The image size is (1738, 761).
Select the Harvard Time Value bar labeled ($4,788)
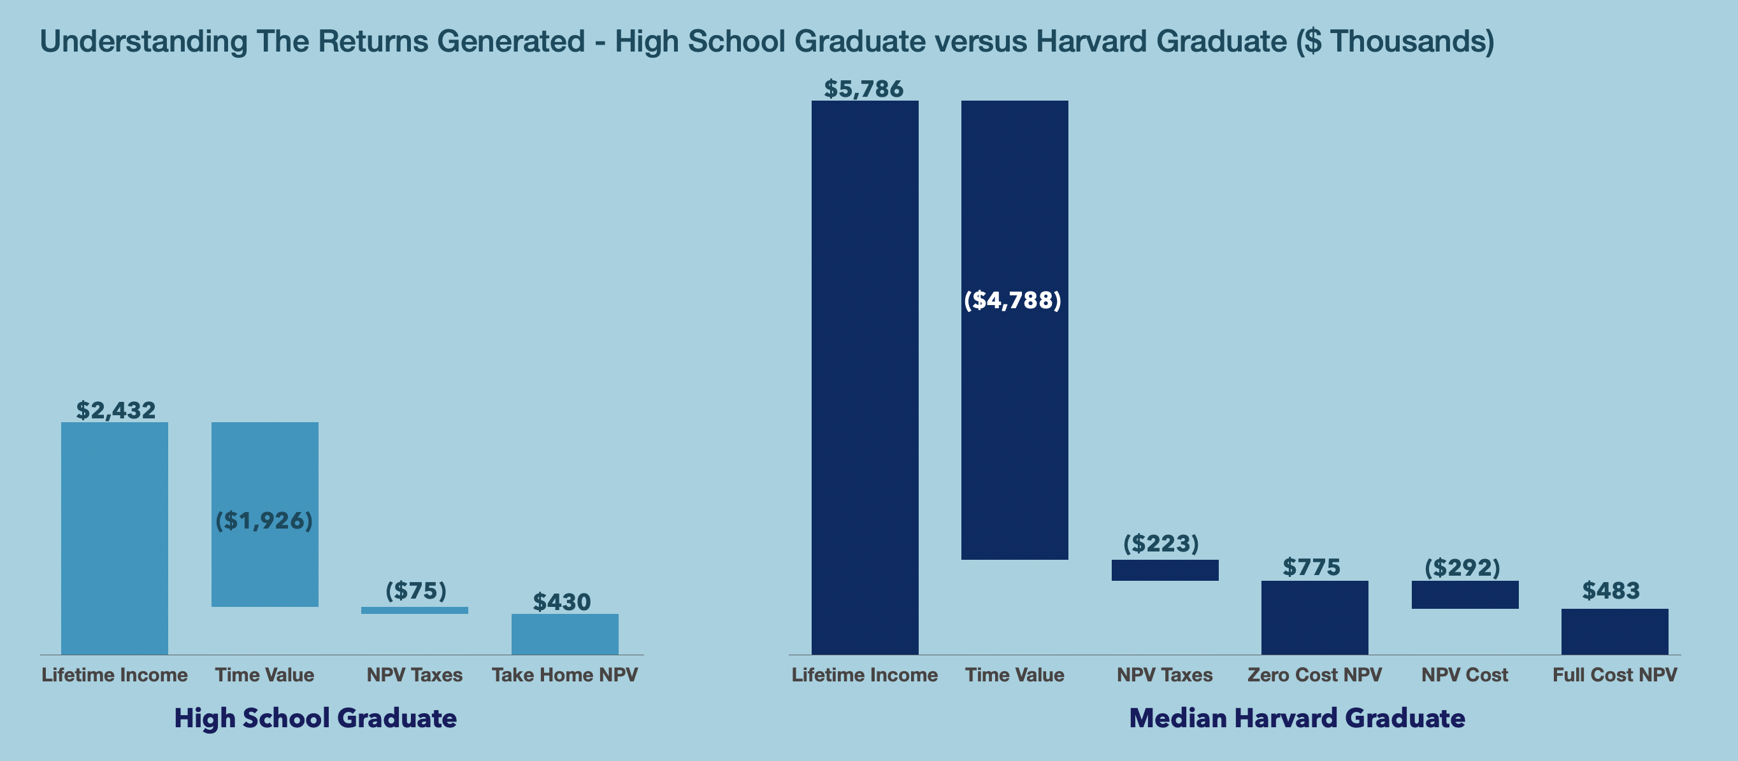click(x=1014, y=405)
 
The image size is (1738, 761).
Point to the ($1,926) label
click(x=264, y=521)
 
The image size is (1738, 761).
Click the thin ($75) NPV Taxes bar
click(x=414, y=611)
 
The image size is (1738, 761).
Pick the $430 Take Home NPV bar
click(x=564, y=634)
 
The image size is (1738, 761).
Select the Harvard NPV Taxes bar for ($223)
click(x=1165, y=570)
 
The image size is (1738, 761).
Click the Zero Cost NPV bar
click(x=1314, y=617)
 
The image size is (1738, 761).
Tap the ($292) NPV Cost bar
click(x=1465, y=595)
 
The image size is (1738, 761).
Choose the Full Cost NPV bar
click(x=1614, y=632)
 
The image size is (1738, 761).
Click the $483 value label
click(x=1611, y=591)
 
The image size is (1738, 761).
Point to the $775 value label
click(x=1311, y=567)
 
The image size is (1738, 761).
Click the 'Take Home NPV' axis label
click(x=564, y=674)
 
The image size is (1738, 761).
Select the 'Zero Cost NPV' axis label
click(x=1314, y=674)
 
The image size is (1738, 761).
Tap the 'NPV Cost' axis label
click(x=1465, y=674)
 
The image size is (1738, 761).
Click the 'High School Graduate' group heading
click(x=315, y=718)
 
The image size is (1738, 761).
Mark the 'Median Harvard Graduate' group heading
click(x=1296, y=718)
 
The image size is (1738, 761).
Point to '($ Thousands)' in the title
click(x=1395, y=42)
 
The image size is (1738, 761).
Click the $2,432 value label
click(x=115, y=410)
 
